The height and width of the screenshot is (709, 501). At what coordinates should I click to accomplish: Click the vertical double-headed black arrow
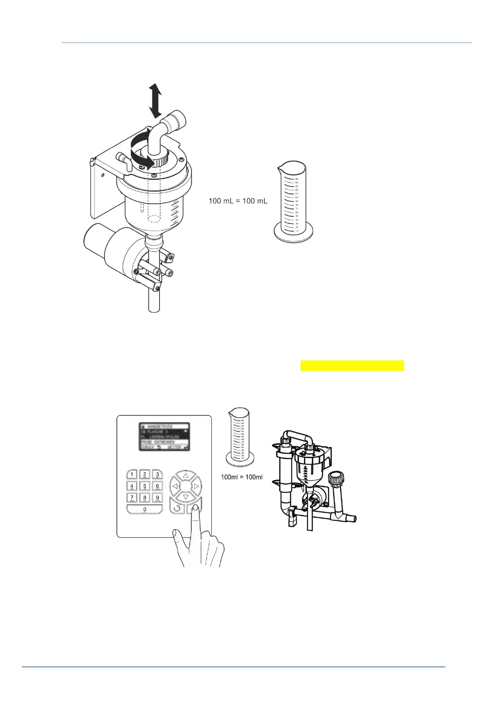pos(155,100)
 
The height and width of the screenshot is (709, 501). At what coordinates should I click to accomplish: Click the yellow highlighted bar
pos(352,365)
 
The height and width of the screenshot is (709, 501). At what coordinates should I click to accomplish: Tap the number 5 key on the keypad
pos(144,486)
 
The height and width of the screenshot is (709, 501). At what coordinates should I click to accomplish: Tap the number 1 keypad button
pos(132,474)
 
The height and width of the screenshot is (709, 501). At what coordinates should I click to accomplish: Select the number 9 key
pos(157,498)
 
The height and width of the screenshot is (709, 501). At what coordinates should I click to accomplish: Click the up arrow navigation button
pos(186,476)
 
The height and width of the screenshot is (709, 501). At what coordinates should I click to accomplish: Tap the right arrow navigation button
pos(197,487)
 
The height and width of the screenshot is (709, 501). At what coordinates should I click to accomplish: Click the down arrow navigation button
pos(186,497)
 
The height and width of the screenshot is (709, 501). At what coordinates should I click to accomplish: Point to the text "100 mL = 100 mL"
pos(238,201)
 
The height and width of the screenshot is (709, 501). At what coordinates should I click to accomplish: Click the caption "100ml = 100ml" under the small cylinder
pos(242,477)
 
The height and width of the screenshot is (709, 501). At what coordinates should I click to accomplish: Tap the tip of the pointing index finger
pos(195,510)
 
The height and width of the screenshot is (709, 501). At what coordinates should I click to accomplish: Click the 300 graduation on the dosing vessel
pos(176,203)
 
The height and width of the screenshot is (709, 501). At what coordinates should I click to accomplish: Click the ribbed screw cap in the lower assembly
pos(336,479)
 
